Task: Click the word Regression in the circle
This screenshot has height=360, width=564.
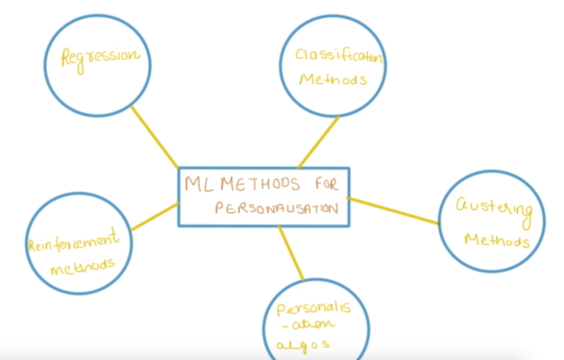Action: pyautogui.click(x=101, y=60)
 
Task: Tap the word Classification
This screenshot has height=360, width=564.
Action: pyautogui.click(x=339, y=56)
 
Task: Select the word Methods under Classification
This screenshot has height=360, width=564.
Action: pyautogui.click(x=333, y=79)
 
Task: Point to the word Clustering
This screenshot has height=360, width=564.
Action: pyautogui.click(x=494, y=212)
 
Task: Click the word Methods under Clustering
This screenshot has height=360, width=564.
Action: pyautogui.click(x=496, y=240)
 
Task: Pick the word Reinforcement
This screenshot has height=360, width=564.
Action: pyautogui.click(x=74, y=240)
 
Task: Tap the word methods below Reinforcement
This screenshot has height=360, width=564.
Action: pyautogui.click(x=83, y=267)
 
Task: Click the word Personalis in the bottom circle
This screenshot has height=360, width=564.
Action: pyautogui.click(x=314, y=308)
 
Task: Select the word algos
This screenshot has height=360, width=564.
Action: pyautogui.click(x=303, y=345)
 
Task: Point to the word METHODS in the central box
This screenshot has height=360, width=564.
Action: pyautogui.click(x=260, y=184)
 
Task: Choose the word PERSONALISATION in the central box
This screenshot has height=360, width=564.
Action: pyautogui.click(x=277, y=208)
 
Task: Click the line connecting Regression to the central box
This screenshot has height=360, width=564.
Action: pyautogui.click(x=155, y=137)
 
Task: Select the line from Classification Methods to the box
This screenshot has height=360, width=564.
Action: pyautogui.click(x=319, y=142)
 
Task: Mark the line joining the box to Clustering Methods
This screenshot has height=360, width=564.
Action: pyautogui.click(x=393, y=211)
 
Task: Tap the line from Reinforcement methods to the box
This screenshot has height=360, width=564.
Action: pyautogui.click(x=155, y=216)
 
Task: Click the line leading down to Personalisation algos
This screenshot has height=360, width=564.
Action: pyautogui.click(x=291, y=253)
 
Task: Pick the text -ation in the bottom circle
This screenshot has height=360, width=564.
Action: pyautogui.click(x=309, y=325)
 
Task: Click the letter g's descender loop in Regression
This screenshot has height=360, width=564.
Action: pyautogui.click(x=80, y=68)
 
